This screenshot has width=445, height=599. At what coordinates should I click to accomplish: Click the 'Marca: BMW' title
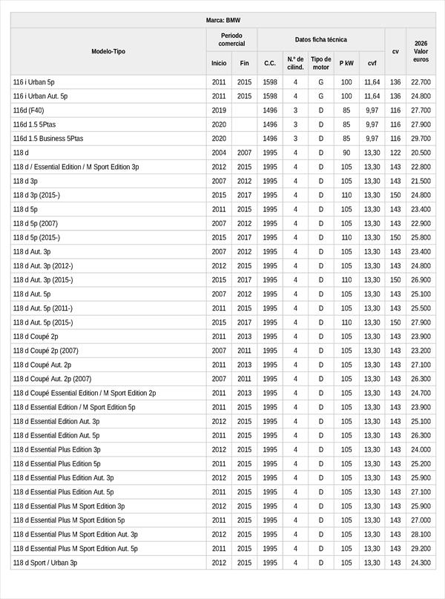(222, 20)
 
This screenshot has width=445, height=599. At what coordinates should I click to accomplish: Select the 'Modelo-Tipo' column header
(108, 51)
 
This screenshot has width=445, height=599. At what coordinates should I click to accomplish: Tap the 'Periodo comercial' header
(231, 39)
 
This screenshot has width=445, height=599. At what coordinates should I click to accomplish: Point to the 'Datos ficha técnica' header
(320, 39)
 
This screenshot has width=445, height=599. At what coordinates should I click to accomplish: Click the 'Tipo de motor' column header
(321, 63)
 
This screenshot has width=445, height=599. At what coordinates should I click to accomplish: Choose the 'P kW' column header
(346, 63)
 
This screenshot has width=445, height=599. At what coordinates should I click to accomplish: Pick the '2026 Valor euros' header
(421, 51)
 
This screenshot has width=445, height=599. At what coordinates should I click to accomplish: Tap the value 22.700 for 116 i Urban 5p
(421, 82)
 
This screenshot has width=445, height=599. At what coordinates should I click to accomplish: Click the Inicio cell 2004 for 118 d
(219, 153)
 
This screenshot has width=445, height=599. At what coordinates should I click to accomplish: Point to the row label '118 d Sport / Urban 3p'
(45, 563)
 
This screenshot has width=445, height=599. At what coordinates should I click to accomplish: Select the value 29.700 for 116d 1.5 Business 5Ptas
(421, 139)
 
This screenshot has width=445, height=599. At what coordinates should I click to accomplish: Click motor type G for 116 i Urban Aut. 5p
(321, 96)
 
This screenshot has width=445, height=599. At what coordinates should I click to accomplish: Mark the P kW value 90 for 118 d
(346, 153)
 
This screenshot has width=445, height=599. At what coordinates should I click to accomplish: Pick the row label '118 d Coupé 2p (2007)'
(46, 351)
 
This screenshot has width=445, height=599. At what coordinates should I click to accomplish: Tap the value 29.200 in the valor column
(421, 549)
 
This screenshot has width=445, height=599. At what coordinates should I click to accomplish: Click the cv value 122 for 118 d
(395, 153)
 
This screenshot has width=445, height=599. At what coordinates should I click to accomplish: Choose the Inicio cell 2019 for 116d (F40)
(219, 110)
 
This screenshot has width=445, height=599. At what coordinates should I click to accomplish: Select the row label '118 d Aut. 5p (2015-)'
(43, 322)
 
